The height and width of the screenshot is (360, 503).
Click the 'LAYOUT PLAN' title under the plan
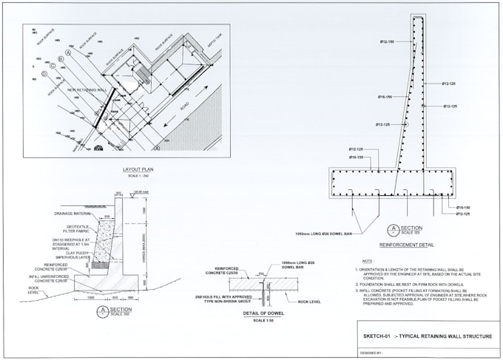pos(138,169)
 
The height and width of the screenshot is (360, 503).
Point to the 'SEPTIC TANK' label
pos(214,38)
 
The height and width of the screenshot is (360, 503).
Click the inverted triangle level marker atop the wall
pos(131,196)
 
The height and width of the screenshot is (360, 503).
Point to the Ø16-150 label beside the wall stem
pos(385,97)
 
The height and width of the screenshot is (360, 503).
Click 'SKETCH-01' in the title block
pos(377,336)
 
